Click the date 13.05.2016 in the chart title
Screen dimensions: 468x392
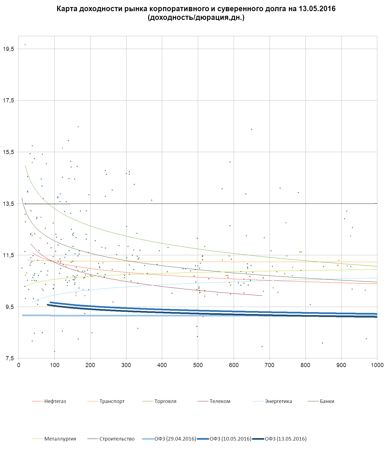pos(317,9)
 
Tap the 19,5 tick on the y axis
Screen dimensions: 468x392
pos(8,49)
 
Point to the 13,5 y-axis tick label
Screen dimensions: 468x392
pos(8,204)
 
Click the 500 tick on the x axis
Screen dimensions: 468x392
pos(198,365)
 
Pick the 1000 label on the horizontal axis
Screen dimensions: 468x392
pos(377,365)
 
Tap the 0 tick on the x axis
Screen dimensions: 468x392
pos(18,365)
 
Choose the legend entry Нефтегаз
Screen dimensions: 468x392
pos(55,401)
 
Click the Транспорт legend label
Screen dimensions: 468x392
pos(112,401)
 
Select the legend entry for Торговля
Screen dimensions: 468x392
pos(165,401)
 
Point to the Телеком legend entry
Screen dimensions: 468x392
pos(220,401)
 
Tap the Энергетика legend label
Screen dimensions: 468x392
pos(278,401)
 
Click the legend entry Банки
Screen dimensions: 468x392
pos(327,401)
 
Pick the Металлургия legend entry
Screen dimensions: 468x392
pos(60,439)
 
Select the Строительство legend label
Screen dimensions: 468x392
pos(117,439)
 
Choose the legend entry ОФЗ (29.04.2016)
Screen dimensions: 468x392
pos(175,439)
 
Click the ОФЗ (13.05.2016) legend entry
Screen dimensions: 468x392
pos(286,439)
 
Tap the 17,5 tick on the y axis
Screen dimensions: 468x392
pos(8,100)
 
